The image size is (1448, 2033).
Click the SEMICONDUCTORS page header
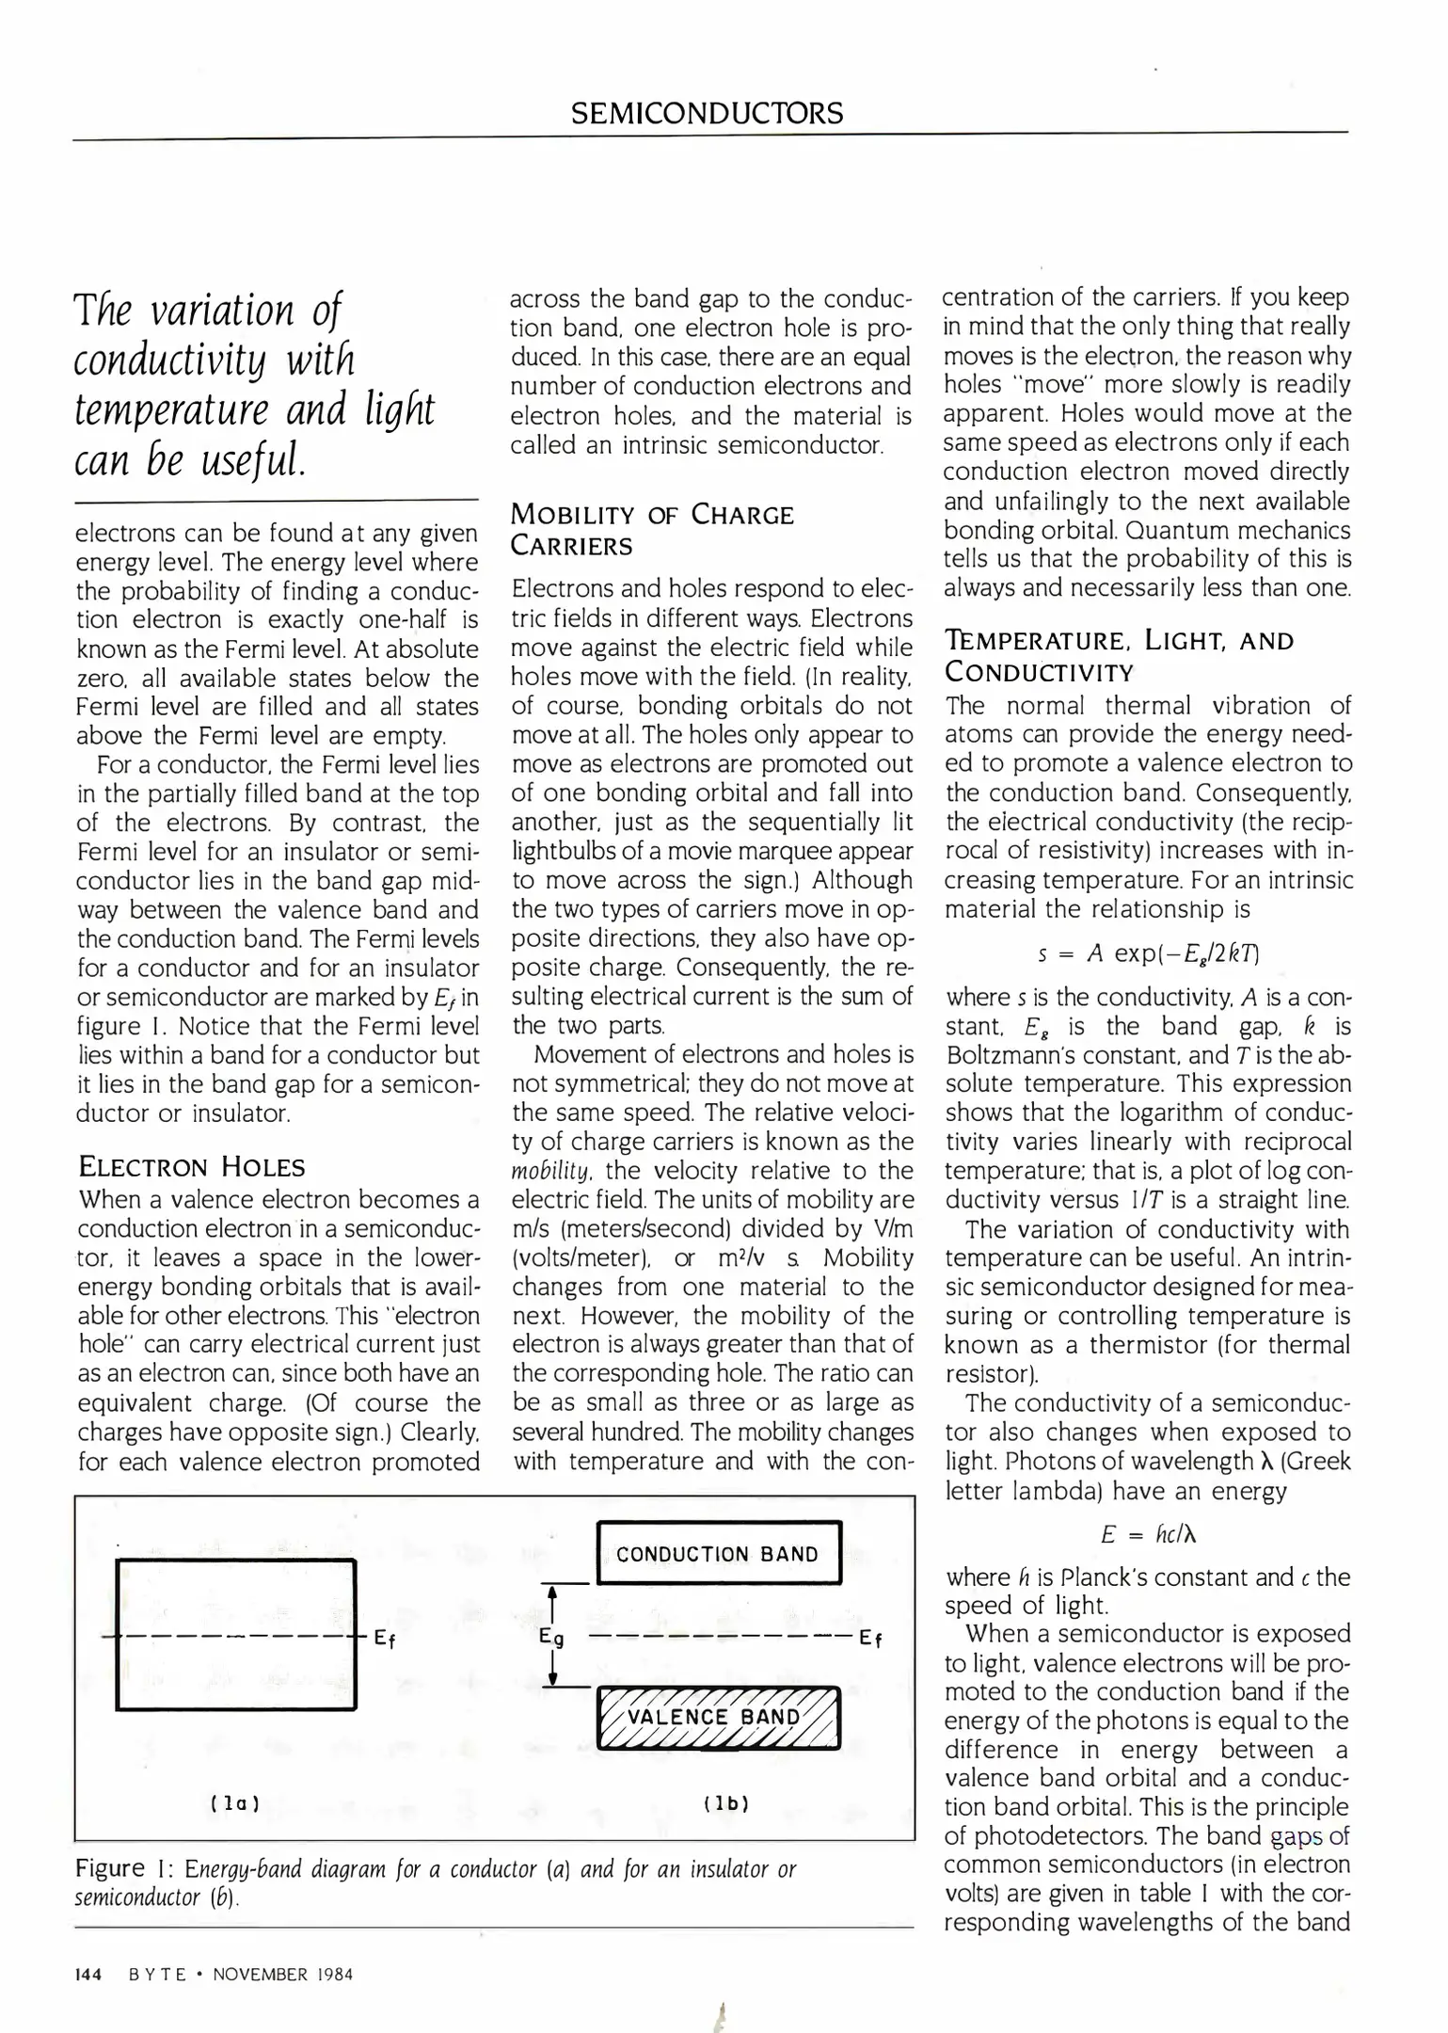click(x=708, y=114)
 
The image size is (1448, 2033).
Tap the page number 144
click(x=88, y=1974)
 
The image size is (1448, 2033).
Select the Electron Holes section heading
click(x=192, y=1167)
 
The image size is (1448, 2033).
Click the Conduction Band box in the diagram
click(x=719, y=1553)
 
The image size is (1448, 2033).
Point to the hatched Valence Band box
click(x=719, y=1717)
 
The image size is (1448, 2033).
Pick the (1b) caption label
click(x=726, y=1803)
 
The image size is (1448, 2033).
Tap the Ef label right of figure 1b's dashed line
click(x=871, y=1640)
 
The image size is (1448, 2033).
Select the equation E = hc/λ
click(x=1148, y=1535)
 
